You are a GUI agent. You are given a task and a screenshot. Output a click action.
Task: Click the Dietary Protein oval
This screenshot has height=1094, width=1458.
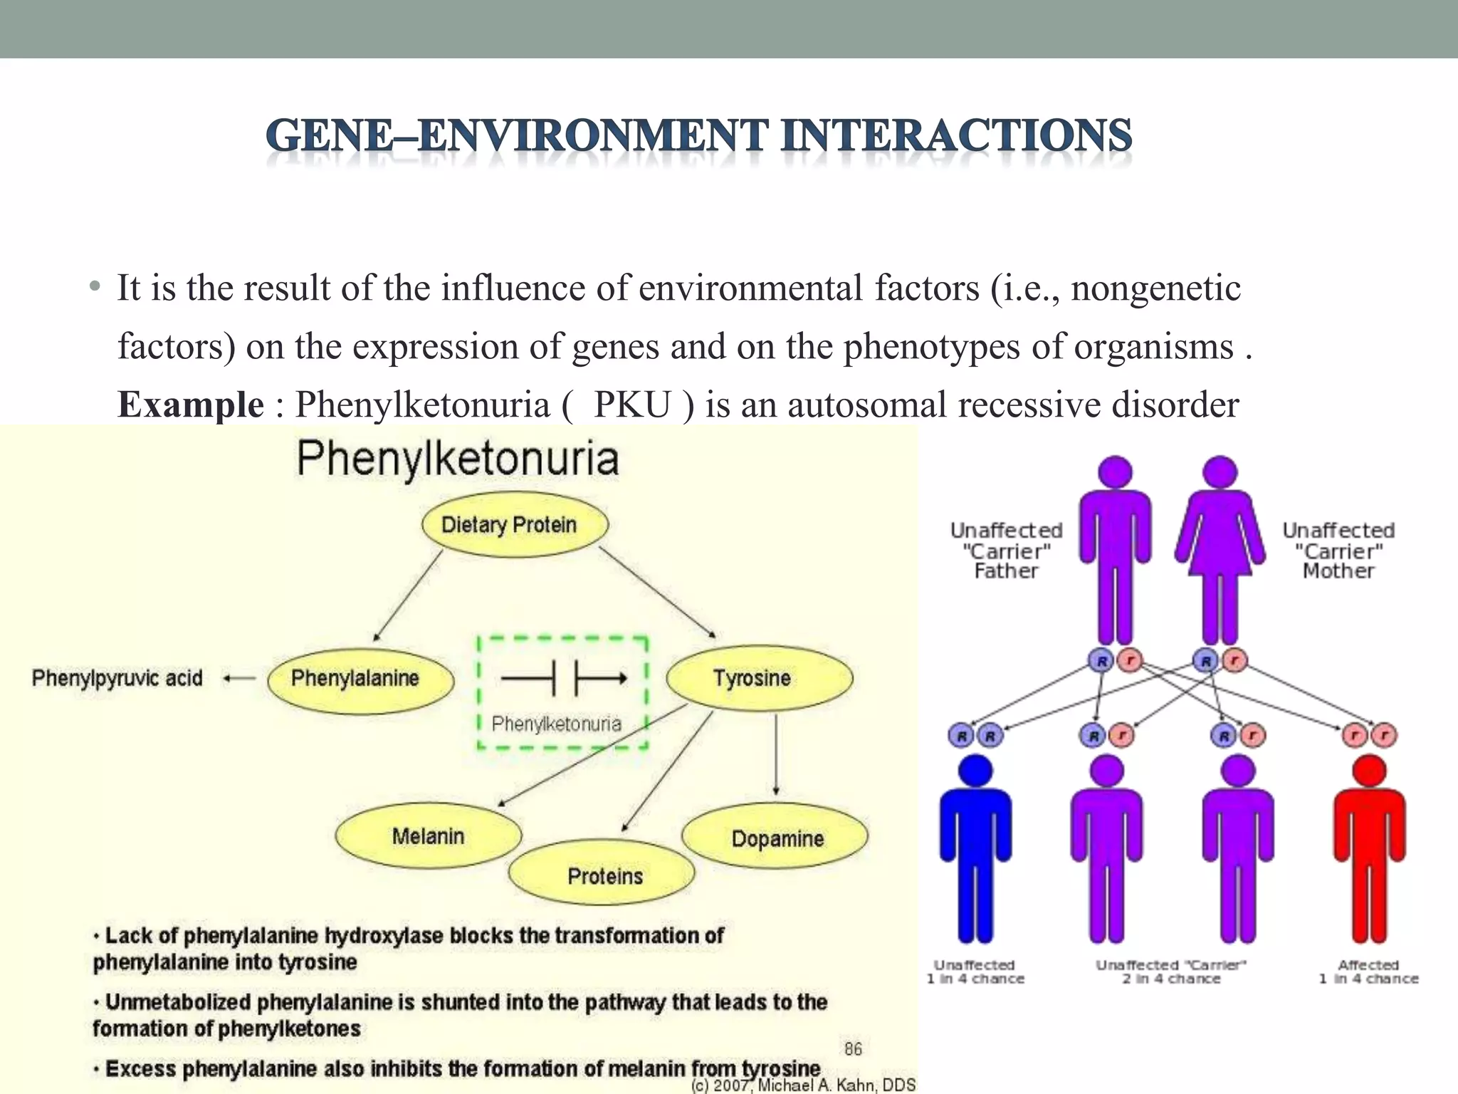[x=515, y=525]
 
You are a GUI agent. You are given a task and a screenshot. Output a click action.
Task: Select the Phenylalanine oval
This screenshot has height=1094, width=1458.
[x=360, y=679]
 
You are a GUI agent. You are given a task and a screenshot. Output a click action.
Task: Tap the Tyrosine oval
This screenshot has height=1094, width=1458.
[x=759, y=678]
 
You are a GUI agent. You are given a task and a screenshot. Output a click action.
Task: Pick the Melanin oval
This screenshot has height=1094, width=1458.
[x=428, y=836]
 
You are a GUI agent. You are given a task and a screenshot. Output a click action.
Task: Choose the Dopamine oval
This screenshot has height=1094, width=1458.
[x=775, y=838]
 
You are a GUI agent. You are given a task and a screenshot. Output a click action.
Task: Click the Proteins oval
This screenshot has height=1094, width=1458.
[x=602, y=875]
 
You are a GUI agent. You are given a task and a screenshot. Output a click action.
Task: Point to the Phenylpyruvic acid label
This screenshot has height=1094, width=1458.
[x=117, y=678]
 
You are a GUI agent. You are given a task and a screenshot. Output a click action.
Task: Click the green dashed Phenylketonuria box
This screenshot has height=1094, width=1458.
[x=562, y=692]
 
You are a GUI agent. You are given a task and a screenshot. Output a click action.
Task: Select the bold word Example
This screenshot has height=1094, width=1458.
[x=191, y=405]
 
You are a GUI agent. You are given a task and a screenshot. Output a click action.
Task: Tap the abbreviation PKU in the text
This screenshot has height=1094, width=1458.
[x=632, y=405]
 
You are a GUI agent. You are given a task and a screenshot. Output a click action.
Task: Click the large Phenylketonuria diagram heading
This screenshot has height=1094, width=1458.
[x=458, y=458]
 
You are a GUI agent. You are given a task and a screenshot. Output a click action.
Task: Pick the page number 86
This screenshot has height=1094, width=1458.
[x=853, y=1048]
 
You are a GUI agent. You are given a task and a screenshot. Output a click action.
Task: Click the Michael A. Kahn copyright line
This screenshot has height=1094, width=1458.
[x=803, y=1085]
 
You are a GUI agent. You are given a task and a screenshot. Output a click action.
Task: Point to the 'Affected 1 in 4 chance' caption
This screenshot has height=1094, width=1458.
[x=1368, y=971]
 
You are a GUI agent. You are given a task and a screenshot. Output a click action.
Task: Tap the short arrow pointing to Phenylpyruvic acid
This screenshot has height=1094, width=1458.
[x=239, y=679]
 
